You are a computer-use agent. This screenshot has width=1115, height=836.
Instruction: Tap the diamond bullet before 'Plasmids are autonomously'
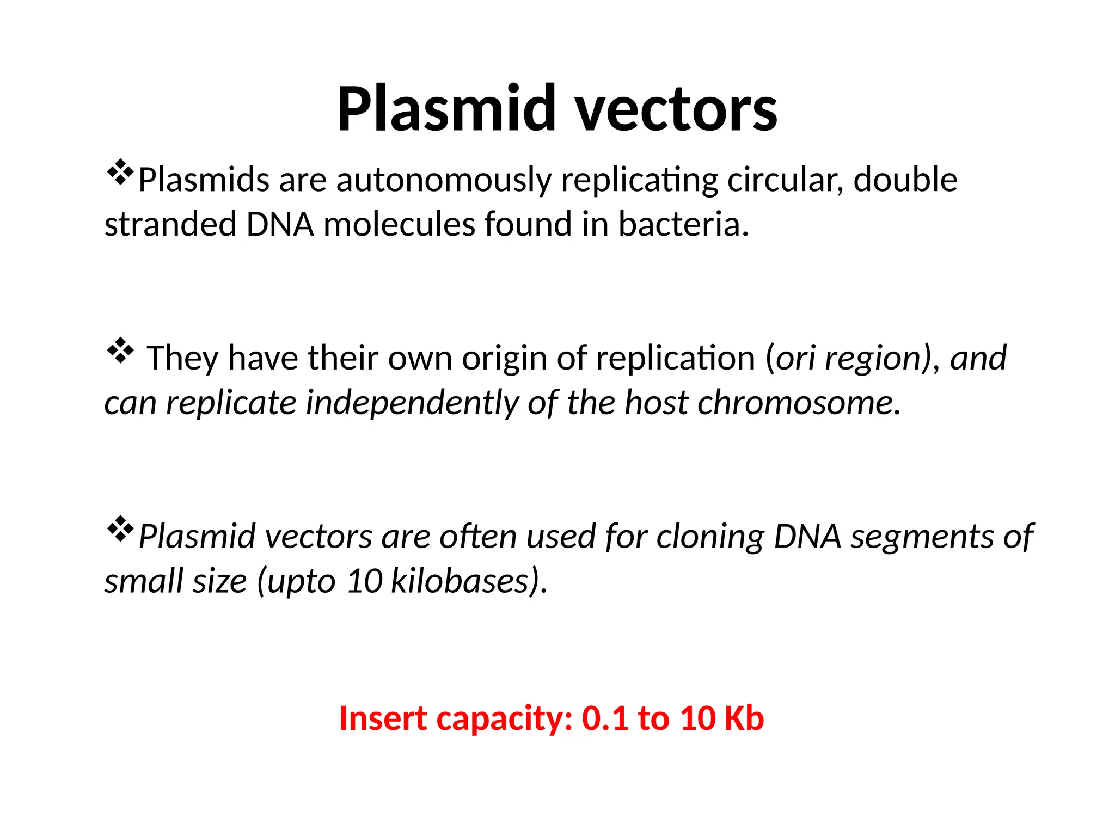tap(120, 174)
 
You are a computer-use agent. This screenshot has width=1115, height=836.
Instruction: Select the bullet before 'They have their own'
tap(120, 352)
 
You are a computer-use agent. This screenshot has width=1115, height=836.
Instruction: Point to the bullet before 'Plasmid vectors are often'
tap(120, 530)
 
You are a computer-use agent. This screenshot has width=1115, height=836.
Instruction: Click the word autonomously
tap(444, 181)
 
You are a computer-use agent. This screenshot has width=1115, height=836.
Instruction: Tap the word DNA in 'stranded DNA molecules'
tap(280, 224)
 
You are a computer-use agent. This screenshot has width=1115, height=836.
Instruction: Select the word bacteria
tap(683, 224)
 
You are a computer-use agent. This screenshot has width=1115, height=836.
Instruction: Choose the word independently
tap(411, 404)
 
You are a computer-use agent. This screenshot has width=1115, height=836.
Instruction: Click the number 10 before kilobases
tap(364, 581)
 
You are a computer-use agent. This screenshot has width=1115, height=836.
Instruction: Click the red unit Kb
tap(744, 718)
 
